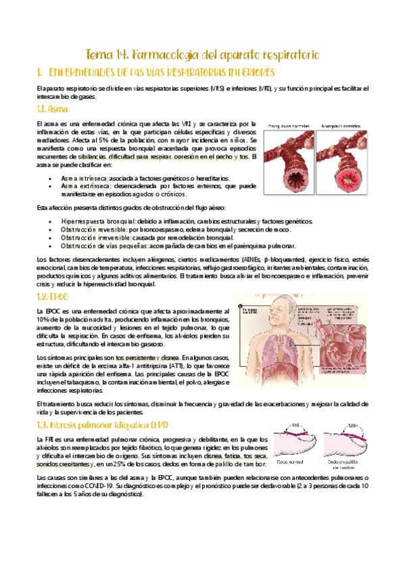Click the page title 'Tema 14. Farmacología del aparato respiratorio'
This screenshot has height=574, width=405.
point(202,53)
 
